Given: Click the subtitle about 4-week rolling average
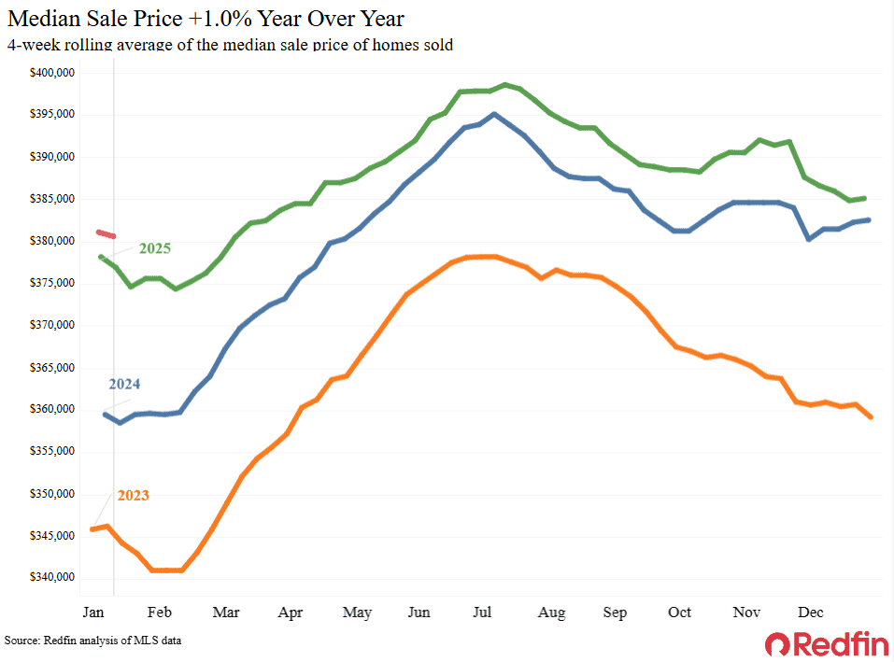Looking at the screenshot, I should [x=230, y=45].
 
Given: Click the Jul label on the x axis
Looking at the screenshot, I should [x=483, y=613].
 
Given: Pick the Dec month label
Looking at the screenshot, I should [x=810, y=613].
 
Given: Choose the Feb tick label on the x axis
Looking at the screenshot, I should [x=160, y=613].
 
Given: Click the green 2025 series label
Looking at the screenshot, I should [x=155, y=248].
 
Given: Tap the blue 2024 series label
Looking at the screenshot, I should [x=124, y=384].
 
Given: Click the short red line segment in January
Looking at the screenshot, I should [x=106, y=233].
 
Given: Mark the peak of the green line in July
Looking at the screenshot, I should [x=504, y=85].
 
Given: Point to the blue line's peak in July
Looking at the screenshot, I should [x=493, y=114].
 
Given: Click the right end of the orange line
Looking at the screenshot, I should [x=871, y=417].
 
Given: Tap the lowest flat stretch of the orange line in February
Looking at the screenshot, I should [x=166, y=570].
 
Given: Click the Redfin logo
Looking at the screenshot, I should [x=823, y=643].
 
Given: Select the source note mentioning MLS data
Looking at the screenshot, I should [x=92, y=641].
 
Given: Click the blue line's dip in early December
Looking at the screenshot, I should [x=808, y=239].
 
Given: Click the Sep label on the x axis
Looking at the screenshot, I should [x=614, y=613].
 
